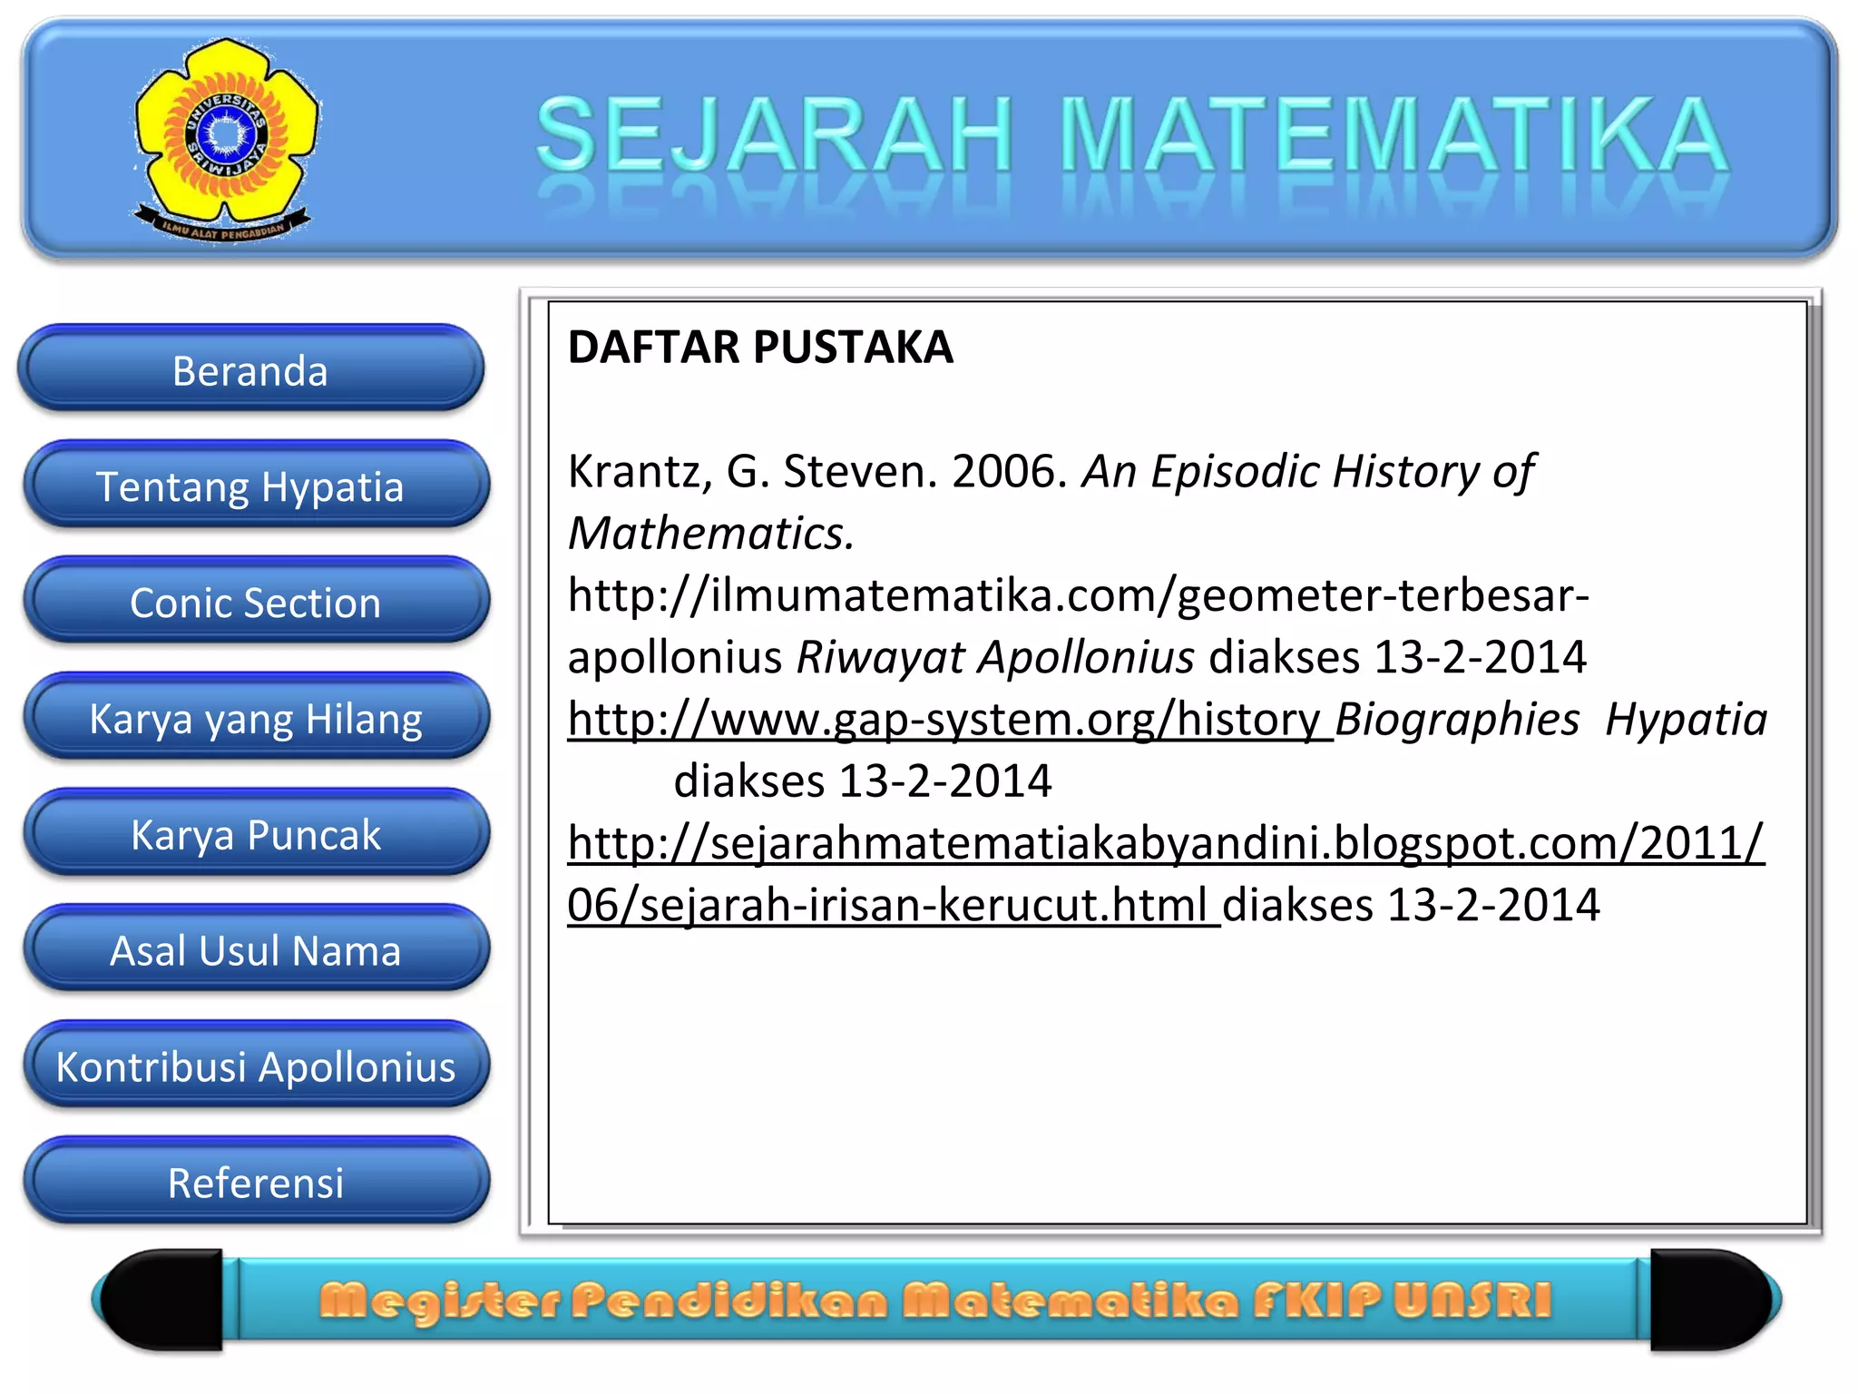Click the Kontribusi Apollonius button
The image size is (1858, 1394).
255,1066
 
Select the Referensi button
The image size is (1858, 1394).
255,1183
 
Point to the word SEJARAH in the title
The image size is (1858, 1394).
774,136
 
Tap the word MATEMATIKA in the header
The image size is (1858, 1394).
1393,136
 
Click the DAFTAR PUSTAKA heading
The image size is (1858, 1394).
760,347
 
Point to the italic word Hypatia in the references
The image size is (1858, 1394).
1686,720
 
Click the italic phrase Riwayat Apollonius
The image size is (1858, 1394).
995,657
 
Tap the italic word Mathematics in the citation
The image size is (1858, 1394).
710,534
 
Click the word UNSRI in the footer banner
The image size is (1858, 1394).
1472,1301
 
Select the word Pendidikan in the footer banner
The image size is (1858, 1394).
729,1301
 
